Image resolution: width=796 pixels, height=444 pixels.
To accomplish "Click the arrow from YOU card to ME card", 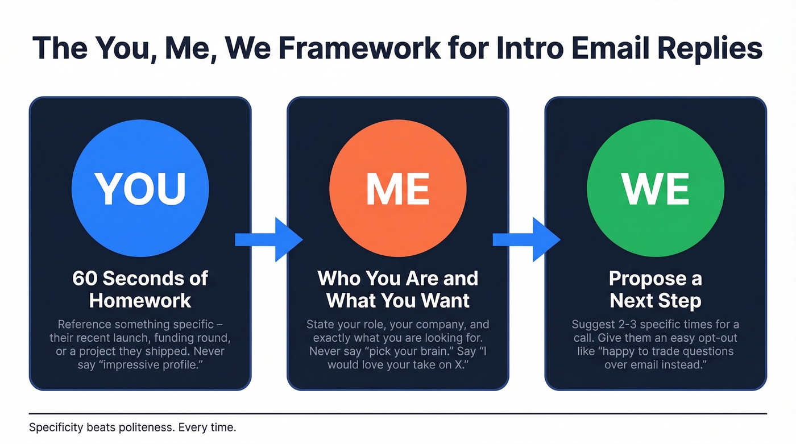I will pyautogui.click(x=268, y=239).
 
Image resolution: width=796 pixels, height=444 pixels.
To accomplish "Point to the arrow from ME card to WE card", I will pyautogui.click(x=526, y=239).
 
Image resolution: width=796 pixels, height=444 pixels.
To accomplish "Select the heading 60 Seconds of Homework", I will pyautogui.click(x=140, y=289).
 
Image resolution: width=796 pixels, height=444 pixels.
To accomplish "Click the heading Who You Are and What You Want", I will pyautogui.click(x=397, y=289).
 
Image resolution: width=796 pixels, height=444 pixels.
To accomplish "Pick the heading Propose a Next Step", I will pyautogui.click(x=655, y=289).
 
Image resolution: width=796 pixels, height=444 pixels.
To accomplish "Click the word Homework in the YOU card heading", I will pyautogui.click(x=140, y=300).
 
